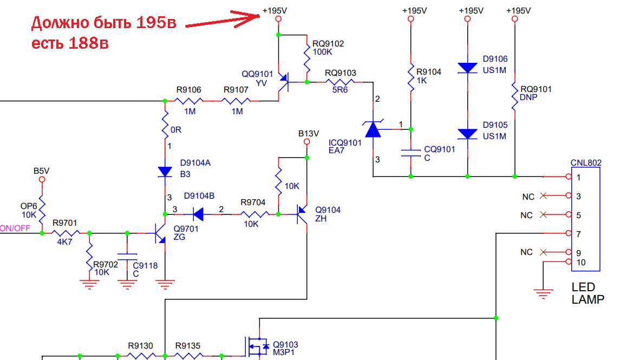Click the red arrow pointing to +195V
tap(222, 21)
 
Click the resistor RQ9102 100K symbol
tap(306, 60)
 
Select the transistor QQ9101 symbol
tap(282, 83)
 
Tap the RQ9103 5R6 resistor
tap(340, 82)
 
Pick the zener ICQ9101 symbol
tap(373, 129)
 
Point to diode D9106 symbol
tap(467, 68)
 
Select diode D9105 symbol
tap(467, 134)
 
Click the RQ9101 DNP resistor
tap(514, 94)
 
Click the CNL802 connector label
tap(586, 162)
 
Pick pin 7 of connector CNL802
tap(568, 233)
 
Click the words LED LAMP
tap(587, 293)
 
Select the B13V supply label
tap(309, 133)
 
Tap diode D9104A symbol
tap(165, 172)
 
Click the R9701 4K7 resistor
tap(66, 233)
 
